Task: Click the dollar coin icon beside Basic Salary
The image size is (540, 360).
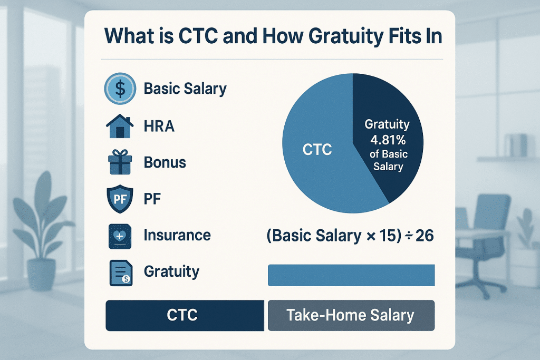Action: tap(120, 89)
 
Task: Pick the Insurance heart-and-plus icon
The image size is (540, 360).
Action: tap(120, 235)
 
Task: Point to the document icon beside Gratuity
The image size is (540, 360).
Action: tap(120, 273)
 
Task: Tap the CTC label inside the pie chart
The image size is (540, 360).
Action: tap(317, 150)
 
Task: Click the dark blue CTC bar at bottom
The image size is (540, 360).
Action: tap(184, 315)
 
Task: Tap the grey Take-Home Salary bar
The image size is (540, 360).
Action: tap(351, 315)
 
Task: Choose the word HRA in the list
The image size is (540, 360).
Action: tap(159, 127)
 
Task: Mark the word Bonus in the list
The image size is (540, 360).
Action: tap(165, 162)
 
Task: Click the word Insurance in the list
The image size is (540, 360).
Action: tap(177, 235)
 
